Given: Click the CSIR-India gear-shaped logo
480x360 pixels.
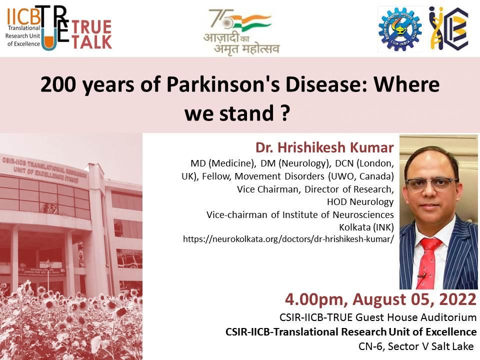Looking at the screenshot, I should (x=400, y=29).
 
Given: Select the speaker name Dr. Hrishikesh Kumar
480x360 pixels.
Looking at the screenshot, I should (x=324, y=147).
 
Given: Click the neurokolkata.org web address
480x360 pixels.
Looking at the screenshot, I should (x=288, y=239).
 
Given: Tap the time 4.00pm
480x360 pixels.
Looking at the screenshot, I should (x=316, y=300).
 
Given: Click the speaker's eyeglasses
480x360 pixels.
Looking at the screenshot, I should (x=431, y=183).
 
